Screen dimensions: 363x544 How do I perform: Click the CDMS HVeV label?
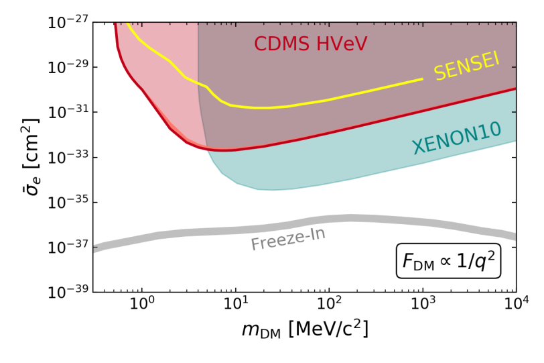click(x=310, y=44)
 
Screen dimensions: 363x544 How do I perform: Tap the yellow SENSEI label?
click(x=466, y=66)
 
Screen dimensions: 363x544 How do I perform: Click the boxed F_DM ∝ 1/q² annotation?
click(x=448, y=262)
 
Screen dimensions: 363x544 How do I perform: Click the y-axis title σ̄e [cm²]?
click(x=29, y=157)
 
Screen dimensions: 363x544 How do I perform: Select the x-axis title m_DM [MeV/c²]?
click(x=305, y=329)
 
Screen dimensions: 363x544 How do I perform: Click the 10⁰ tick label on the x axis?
click(x=142, y=306)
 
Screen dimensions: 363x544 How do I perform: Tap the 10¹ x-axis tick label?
click(x=235, y=306)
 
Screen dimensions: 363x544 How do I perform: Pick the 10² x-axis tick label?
click(x=329, y=306)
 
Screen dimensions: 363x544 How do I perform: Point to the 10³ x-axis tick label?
click(x=422, y=306)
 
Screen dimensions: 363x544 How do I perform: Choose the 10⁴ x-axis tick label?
click(x=515, y=306)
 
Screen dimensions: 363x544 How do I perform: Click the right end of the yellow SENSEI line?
click(x=422, y=79)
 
